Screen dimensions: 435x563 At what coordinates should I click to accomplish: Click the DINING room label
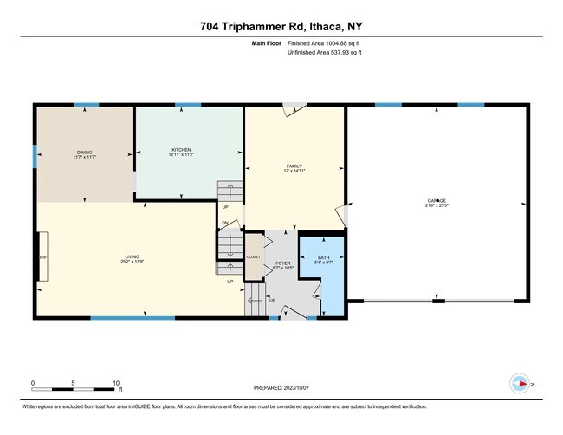[x=83, y=153]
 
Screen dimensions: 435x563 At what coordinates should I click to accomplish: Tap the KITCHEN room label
[x=181, y=151]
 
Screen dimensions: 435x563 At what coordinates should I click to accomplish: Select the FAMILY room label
[x=294, y=166]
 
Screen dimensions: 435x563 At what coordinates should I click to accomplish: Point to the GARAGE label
[x=437, y=200]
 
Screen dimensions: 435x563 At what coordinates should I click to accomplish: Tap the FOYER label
[x=282, y=264]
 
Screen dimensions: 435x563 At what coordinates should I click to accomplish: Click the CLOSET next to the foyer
[x=253, y=257]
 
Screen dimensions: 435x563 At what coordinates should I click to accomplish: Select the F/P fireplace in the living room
[x=42, y=257]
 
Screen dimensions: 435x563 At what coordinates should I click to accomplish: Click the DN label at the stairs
[x=224, y=224]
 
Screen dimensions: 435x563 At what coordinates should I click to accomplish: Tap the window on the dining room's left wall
[x=36, y=156]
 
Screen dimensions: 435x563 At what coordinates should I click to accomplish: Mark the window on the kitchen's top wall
[x=188, y=105]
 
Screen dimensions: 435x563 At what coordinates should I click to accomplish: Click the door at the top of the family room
[x=295, y=108]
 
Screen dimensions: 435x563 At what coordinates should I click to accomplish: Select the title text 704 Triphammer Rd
[x=281, y=24]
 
